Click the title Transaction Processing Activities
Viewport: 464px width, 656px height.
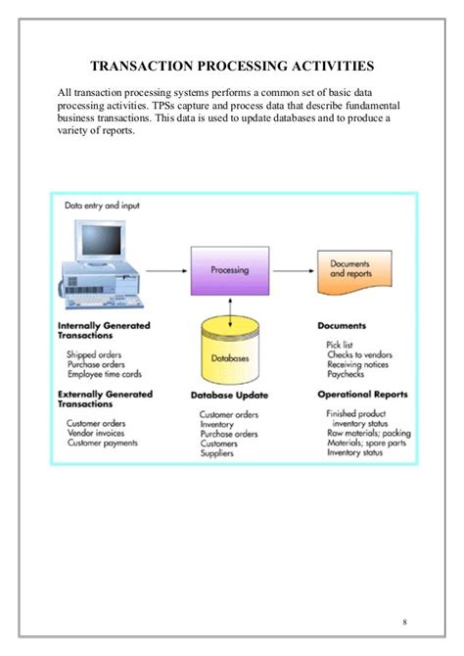[231, 67]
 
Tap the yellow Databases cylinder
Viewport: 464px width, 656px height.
[230, 357]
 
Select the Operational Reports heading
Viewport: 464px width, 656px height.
[362, 395]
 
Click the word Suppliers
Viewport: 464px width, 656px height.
[219, 454]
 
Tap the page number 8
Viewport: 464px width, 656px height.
[405, 623]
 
